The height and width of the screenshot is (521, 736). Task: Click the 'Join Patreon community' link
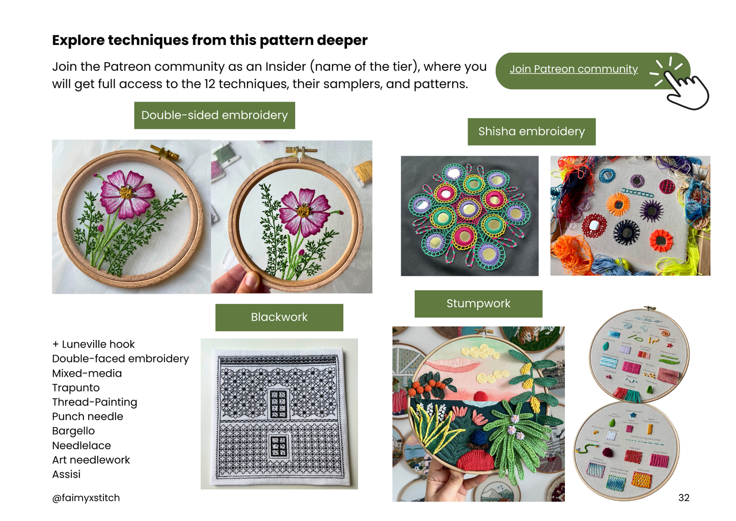point(573,69)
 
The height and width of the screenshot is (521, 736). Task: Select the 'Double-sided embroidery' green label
point(214,115)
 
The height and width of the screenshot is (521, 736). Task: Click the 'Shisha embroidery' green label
point(531,132)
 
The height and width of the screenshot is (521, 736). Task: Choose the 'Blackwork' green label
point(279,317)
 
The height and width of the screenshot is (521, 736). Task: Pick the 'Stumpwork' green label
point(478,304)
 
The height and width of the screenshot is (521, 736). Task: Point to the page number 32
point(684,498)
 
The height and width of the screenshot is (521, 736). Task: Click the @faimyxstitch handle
point(86,498)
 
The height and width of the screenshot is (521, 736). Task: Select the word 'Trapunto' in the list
point(76,388)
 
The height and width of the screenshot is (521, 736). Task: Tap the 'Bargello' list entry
point(73,431)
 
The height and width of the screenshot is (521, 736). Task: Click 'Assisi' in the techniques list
point(66,475)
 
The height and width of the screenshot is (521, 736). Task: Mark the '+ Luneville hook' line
point(94,345)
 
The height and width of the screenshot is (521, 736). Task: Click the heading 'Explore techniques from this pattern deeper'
point(209,40)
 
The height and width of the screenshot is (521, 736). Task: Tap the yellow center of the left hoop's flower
point(126,193)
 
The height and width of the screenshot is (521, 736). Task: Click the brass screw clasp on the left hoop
point(164,151)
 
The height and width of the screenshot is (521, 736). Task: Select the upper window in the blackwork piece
point(279,404)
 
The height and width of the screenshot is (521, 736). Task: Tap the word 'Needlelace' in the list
point(81,446)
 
